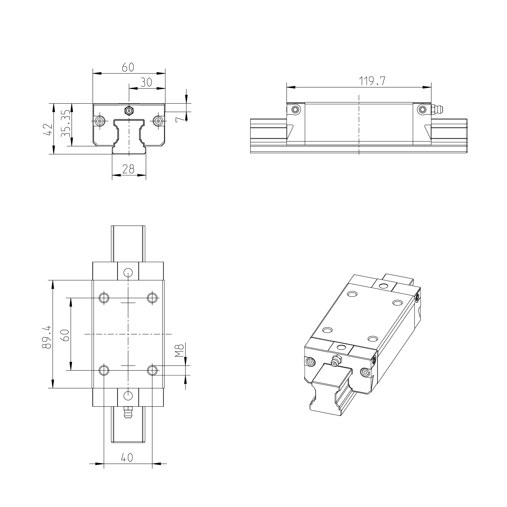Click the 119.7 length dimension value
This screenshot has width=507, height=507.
tap(372, 81)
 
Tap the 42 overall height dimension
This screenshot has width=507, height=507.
tap(48, 129)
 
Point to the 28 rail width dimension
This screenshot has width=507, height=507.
tap(128, 169)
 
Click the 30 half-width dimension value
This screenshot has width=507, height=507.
tap(146, 82)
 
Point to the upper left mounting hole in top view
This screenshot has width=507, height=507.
tap(104, 298)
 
